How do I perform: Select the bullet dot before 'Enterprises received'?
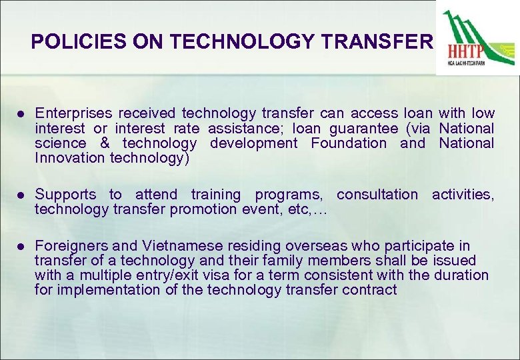pyautogui.click(x=22, y=113)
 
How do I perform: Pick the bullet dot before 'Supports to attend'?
pyautogui.click(x=22, y=195)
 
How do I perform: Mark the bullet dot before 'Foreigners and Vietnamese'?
pyautogui.click(x=22, y=245)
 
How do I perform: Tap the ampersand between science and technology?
pyautogui.click(x=104, y=143)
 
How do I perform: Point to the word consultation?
pyautogui.click(x=377, y=195)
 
